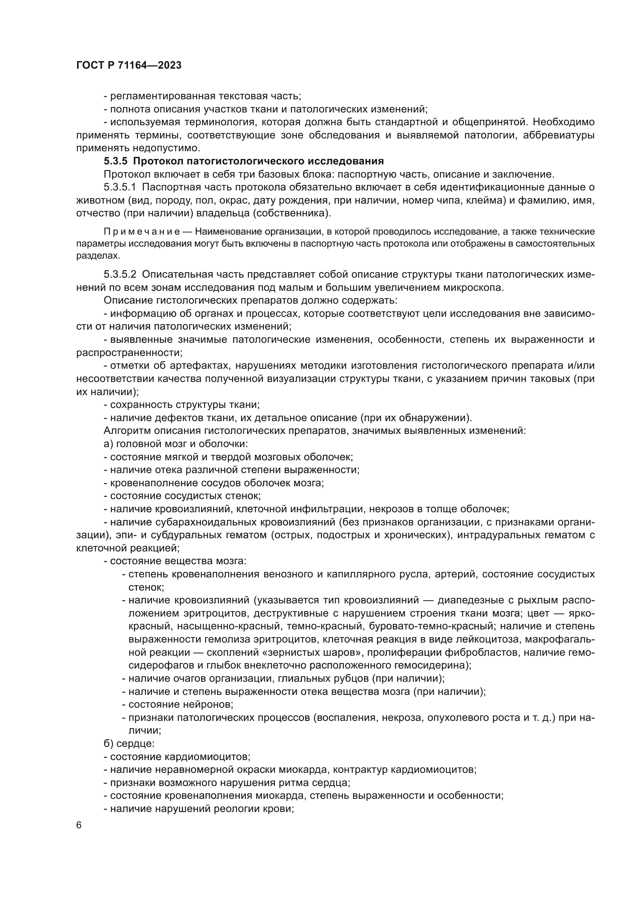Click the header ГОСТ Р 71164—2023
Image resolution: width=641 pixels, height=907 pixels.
pos(129,66)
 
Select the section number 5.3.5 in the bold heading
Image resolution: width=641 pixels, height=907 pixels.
pos(115,161)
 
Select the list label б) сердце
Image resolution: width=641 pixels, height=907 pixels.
pos(129,743)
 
